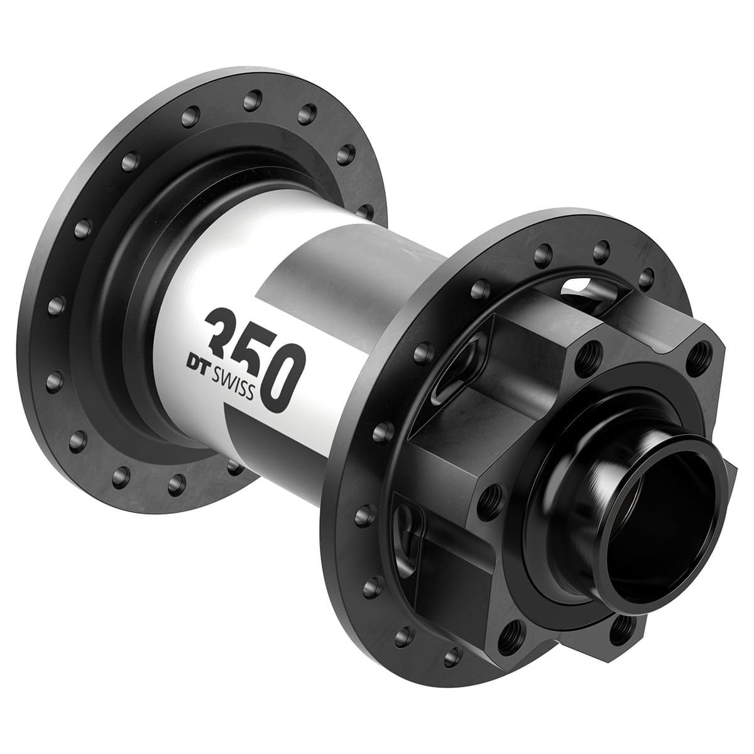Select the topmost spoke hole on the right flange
coord(601,248)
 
